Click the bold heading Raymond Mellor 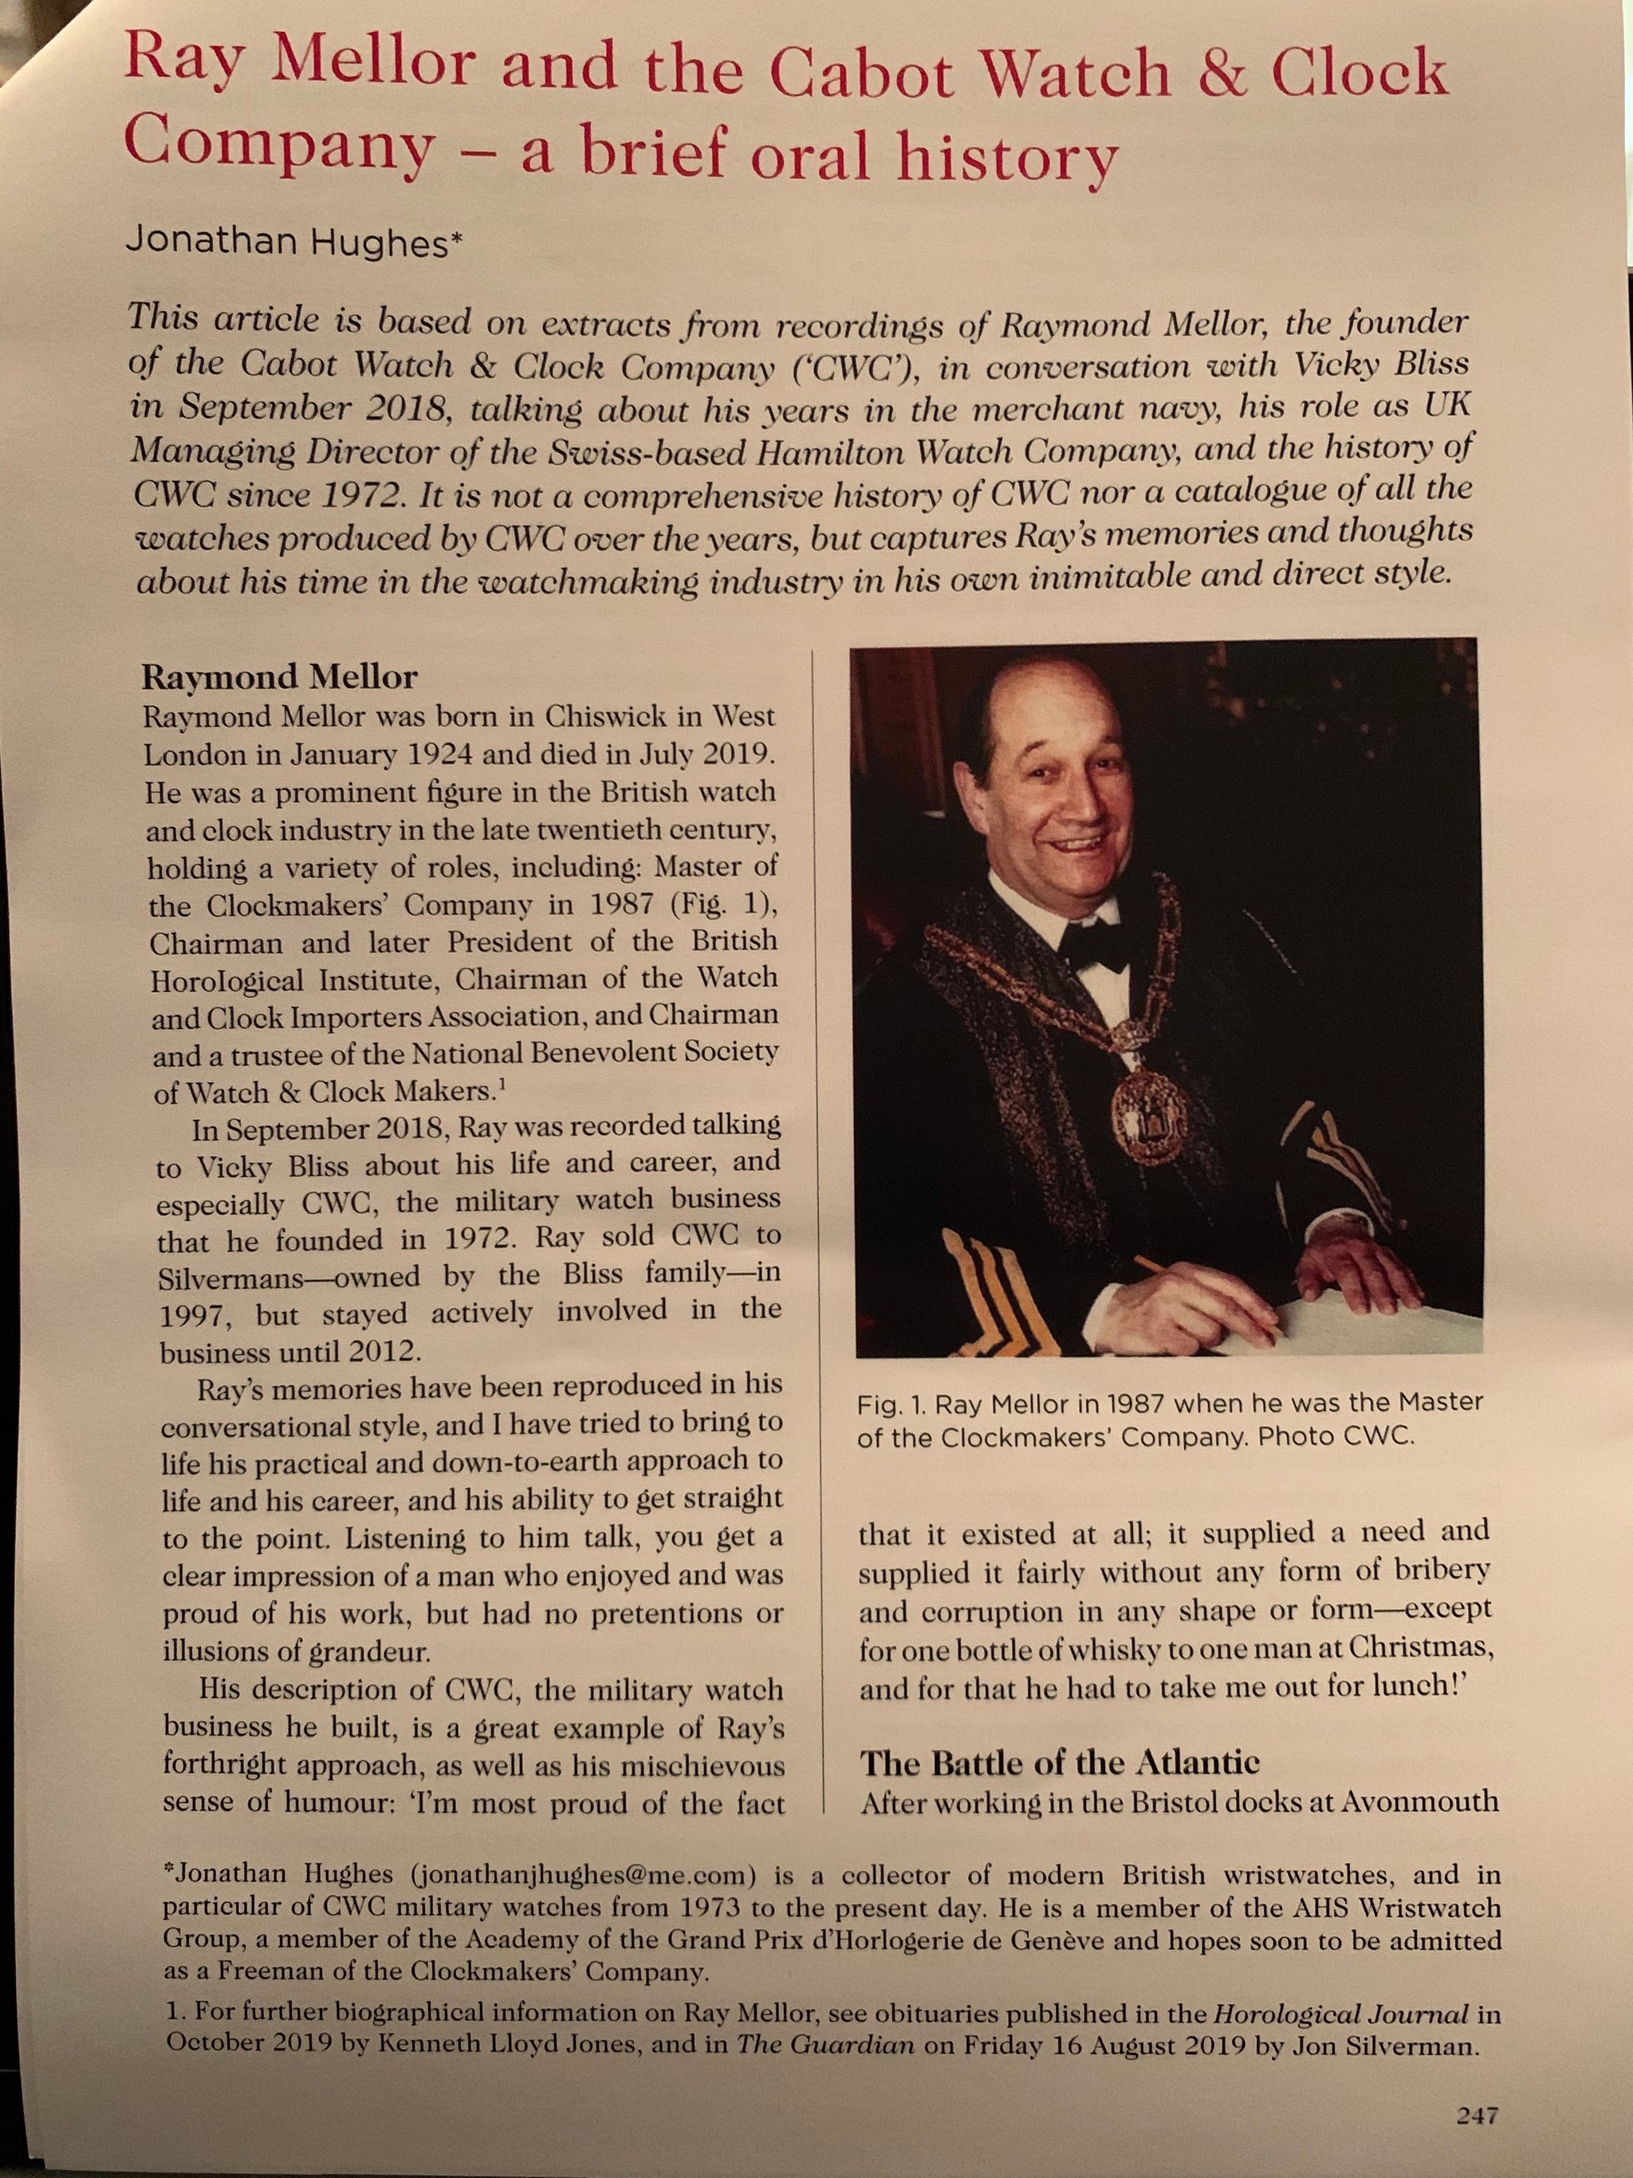coord(280,677)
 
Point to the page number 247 coord(1477,2114)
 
